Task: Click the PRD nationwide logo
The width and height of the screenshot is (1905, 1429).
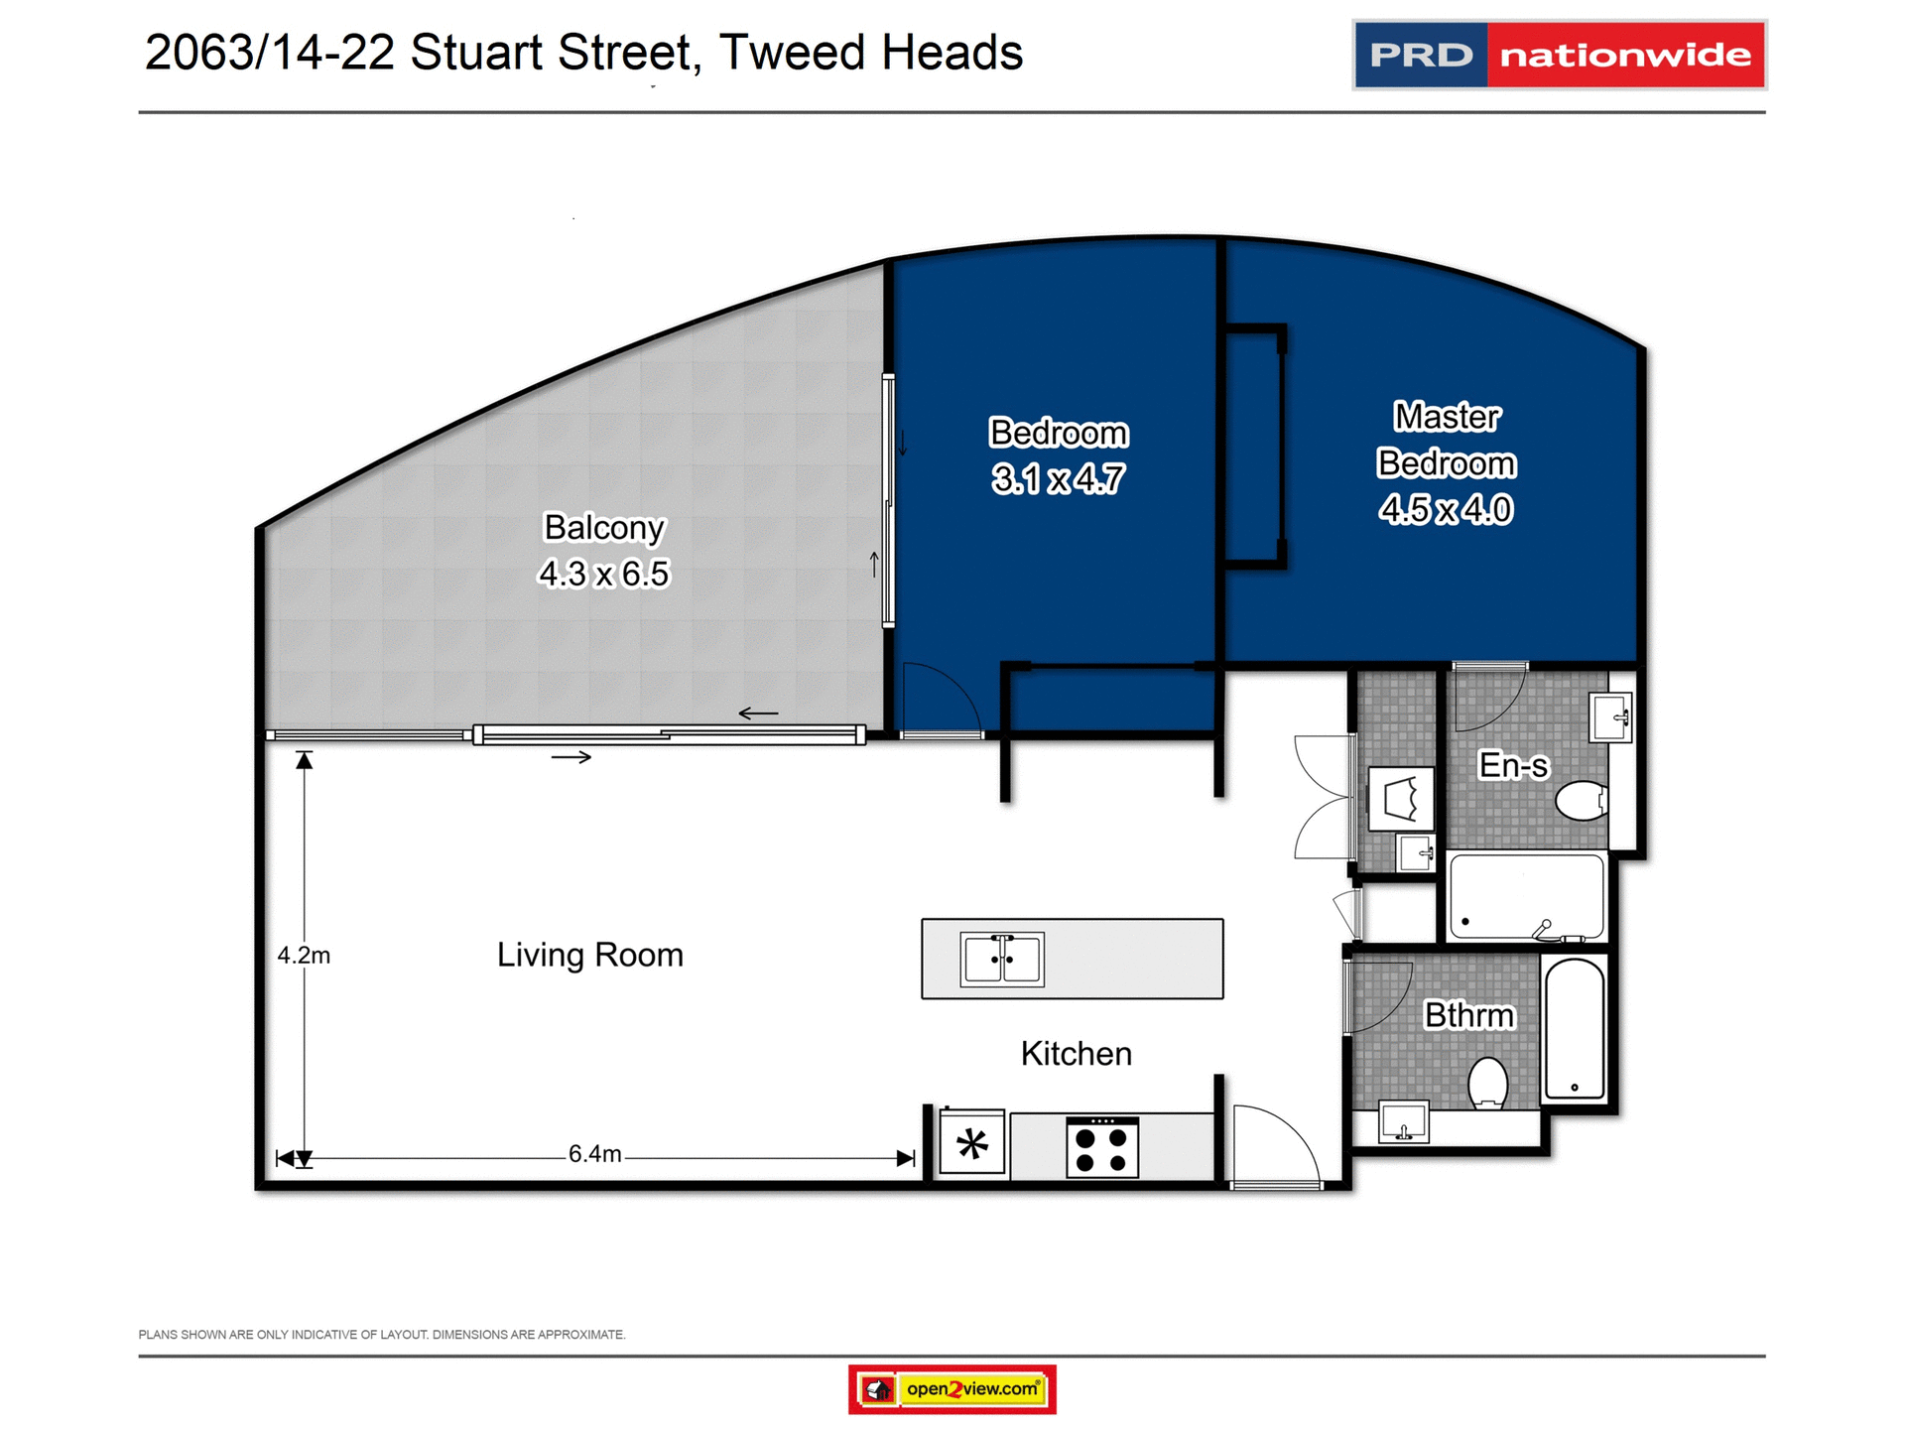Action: [1559, 55]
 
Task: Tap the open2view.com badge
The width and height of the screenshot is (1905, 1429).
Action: [952, 1388]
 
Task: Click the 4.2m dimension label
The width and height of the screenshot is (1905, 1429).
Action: [304, 956]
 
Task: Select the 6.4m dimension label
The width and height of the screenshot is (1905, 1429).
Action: [594, 1154]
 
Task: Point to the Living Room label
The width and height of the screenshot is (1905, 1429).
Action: [589, 955]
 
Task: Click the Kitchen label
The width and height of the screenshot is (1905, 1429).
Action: [1076, 1054]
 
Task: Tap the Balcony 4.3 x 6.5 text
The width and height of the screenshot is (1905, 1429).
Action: [603, 551]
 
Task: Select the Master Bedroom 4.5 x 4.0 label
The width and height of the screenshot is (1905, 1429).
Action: [1446, 463]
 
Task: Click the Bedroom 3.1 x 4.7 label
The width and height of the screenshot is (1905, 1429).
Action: [1059, 455]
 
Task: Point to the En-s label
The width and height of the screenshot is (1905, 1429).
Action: [1512, 765]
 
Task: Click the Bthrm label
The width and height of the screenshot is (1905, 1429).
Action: [1468, 1015]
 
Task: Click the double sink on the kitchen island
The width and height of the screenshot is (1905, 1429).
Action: [1002, 960]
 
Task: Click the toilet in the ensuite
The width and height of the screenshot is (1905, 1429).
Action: [1582, 801]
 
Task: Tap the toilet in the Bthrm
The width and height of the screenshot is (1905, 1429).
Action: [1487, 1084]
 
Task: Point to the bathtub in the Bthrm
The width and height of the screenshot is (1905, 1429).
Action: [1575, 1030]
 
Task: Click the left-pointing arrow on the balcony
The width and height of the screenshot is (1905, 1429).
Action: [758, 714]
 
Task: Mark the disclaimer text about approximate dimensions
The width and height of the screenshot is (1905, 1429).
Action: [382, 1335]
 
